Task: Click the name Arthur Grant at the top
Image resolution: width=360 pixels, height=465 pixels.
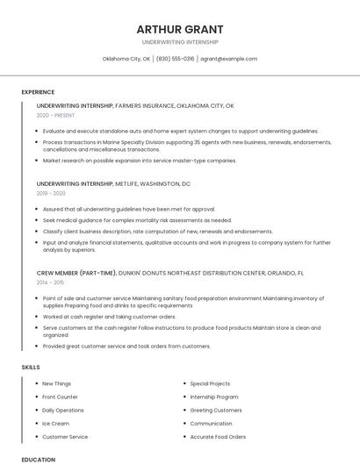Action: pos(179,30)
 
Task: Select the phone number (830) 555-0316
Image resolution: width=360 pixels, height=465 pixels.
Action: pos(176,59)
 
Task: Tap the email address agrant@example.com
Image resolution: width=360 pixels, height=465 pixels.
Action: pos(228,59)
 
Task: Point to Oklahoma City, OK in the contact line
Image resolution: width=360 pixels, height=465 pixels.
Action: pos(126,59)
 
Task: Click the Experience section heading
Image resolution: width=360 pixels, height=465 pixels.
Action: pos(38,92)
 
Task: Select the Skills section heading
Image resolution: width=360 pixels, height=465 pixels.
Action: pos(31,367)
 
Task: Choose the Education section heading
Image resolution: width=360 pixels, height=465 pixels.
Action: pos(38,459)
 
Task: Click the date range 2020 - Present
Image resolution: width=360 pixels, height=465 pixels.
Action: pos(55,115)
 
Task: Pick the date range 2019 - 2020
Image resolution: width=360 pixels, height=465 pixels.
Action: pos(51,193)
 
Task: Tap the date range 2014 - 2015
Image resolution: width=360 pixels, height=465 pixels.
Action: pos(50,283)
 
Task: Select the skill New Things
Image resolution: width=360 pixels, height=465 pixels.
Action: pos(57,383)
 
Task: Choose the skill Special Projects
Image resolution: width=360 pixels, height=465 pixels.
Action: pos(210,383)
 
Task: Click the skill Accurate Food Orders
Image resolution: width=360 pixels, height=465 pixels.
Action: pos(218,436)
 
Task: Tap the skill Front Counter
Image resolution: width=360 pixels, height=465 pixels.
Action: pos(60,397)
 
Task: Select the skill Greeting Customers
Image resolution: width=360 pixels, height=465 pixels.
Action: pos(216,410)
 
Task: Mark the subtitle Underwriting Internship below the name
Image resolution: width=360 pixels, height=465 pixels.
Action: pos(179,42)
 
